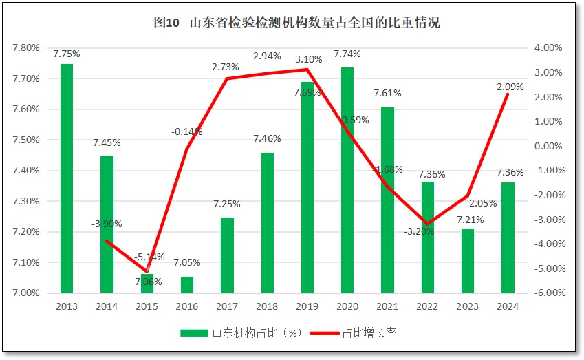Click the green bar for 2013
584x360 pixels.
(x=67, y=178)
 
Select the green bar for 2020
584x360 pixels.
(x=347, y=180)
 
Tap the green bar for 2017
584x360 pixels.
(x=227, y=255)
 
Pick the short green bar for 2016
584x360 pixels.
(x=187, y=285)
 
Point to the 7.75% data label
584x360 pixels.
(x=66, y=54)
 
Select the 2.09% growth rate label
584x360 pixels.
(x=509, y=87)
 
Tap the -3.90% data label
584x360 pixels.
(x=107, y=224)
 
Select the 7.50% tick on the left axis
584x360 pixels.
(x=25, y=140)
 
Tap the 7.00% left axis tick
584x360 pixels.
(x=25, y=293)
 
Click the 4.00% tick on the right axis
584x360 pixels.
(x=548, y=48)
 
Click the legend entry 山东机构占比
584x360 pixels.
(x=241, y=333)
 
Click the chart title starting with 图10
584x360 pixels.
(x=296, y=23)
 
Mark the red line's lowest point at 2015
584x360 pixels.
(x=147, y=271)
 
